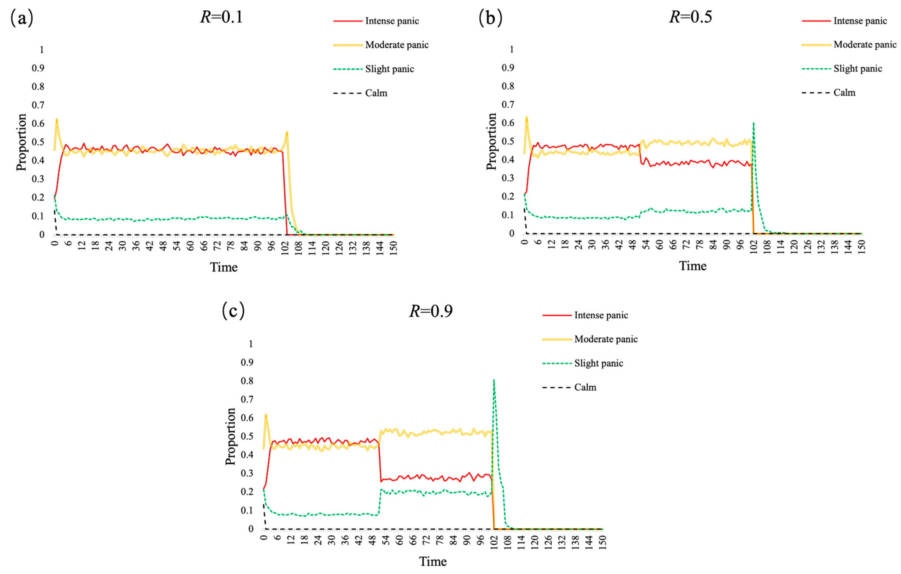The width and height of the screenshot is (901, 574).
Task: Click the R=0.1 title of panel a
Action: tap(222, 17)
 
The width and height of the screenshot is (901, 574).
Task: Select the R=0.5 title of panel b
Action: tap(691, 17)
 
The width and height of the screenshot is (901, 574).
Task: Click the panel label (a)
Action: tap(22, 18)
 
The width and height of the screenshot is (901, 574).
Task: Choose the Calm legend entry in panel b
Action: tap(844, 92)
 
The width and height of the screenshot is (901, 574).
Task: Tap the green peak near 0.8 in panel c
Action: tap(494, 381)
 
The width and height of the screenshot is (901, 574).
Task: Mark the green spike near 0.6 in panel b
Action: tap(753, 123)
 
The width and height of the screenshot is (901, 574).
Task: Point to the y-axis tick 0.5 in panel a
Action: tap(38, 142)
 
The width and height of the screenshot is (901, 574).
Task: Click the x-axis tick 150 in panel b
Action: tap(861, 247)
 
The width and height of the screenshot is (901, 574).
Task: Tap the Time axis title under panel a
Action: tap(223, 267)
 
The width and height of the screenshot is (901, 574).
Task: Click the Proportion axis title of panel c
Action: tap(230, 436)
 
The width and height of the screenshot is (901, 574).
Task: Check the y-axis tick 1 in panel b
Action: tap(511, 49)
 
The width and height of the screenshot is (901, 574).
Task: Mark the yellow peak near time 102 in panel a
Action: tap(287, 132)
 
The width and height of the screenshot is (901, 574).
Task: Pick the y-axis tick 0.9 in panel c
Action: tap(247, 362)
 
